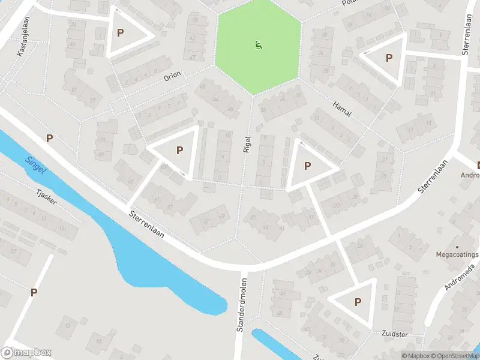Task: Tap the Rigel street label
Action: point(247,143)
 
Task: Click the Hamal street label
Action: point(341,109)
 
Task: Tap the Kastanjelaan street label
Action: point(23,40)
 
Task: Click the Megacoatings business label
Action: point(458,254)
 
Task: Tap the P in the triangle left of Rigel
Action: point(179,151)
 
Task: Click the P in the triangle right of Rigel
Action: point(308,166)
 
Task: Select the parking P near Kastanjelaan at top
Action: point(120,33)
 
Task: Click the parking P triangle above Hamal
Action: point(389,58)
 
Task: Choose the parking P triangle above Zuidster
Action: point(358,302)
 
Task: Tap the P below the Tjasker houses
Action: point(34,292)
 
